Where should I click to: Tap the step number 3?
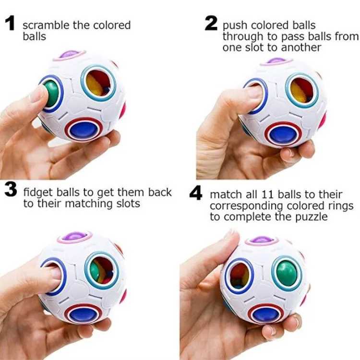pos(11,192)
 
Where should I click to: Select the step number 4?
pos(196,194)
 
